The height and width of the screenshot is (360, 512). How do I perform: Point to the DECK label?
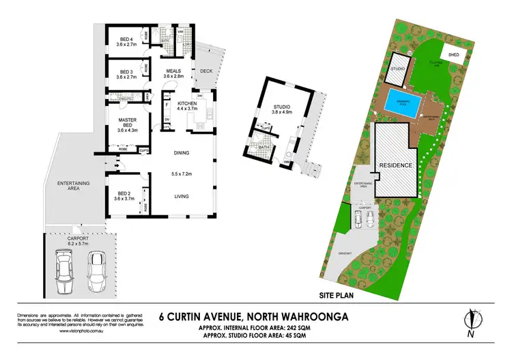pos(205,70)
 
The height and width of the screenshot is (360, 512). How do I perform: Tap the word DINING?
pos(180,153)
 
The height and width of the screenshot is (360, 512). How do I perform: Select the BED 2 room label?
pos(124,195)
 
